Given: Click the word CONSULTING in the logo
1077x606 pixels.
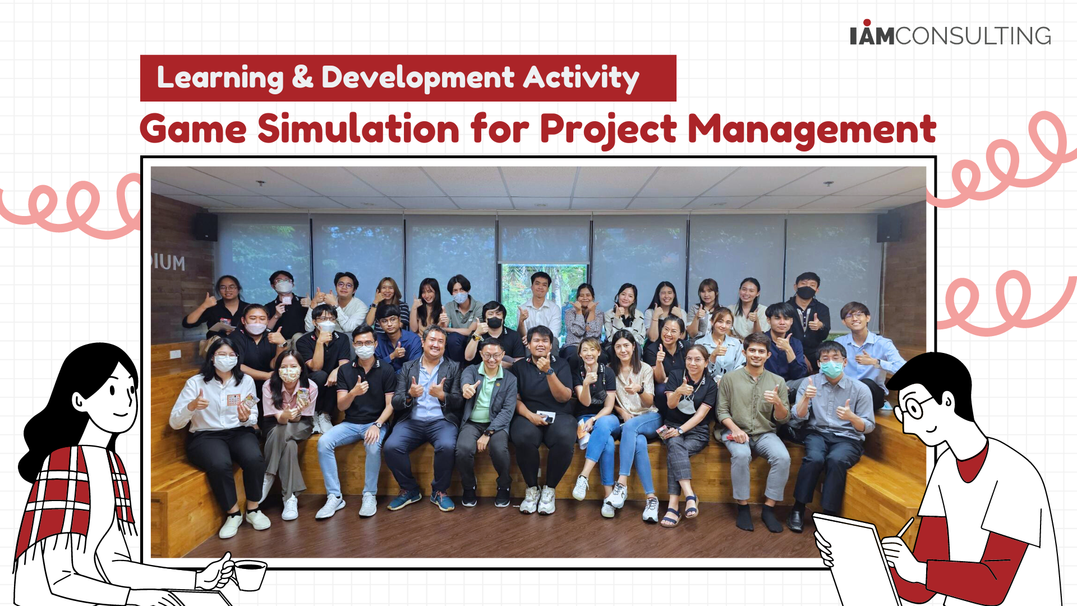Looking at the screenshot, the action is click(x=973, y=36).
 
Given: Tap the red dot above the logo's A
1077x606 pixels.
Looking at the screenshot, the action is click(x=867, y=22).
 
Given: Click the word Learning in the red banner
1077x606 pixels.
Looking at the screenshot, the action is click(x=220, y=78).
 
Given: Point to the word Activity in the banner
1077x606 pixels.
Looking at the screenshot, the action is click(x=581, y=78).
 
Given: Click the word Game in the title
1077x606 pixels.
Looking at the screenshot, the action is click(x=193, y=130).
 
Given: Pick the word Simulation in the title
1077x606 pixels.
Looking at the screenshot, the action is click(x=359, y=129).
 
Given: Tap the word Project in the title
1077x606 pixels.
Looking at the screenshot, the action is click(x=609, y=131).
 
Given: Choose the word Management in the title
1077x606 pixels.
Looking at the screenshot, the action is click(x=812, y=131).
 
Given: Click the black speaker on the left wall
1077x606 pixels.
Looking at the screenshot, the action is click(x=206, y=227).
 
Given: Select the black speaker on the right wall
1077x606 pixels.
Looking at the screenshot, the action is click(x=889, y=227).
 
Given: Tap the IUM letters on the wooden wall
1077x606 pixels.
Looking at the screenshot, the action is click(x=168, y=262).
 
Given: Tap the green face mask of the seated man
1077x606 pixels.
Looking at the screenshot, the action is click(x=831, y=369).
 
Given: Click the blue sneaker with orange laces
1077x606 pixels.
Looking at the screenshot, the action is click(x=441, y=501).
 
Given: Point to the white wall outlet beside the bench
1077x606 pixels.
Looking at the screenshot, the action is click(x=176, y=354).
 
